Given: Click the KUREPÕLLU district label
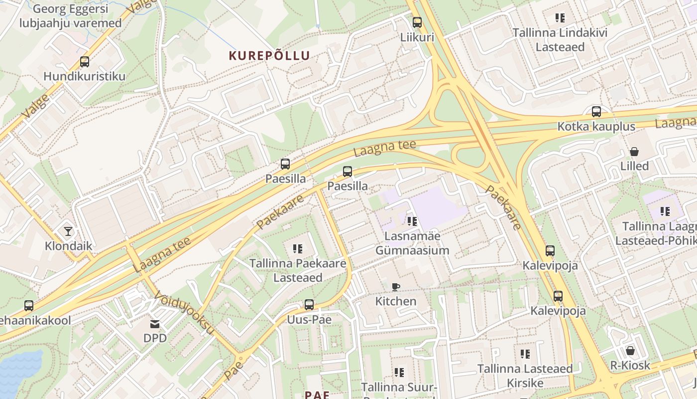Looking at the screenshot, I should [x=269, y=55].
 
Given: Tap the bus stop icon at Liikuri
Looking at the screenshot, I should [x=417, y=22].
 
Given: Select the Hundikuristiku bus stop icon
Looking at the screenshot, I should [x=85, y=62].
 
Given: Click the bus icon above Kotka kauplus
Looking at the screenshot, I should [x=596, y=112].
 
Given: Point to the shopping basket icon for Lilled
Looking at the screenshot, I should [x=634, y=152].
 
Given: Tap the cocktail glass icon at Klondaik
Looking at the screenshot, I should [x=68, y=231].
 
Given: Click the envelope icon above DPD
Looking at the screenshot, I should [x=155, y=324].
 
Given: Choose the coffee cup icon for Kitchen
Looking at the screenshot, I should [x=396, y=287].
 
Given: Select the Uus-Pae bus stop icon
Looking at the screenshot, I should [x=309, y=305].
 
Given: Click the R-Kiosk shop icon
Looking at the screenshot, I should [x=630, y=351].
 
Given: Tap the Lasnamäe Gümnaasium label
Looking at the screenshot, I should [x=412, y=243].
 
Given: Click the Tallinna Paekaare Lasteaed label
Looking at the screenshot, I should [x=298, y=270].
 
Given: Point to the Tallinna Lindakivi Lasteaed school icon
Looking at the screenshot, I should [x=560, y=18].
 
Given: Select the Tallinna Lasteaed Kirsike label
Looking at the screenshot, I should [x=525, y=376].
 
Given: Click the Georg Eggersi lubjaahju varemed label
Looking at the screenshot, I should [x=70, y=16].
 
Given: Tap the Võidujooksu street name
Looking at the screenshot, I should [x=184, y=313].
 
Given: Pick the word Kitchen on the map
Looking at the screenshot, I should [x=396, y=301].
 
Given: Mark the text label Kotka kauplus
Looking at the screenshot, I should [x=596, y=126].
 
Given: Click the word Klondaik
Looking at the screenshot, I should [x=69, y=245].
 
